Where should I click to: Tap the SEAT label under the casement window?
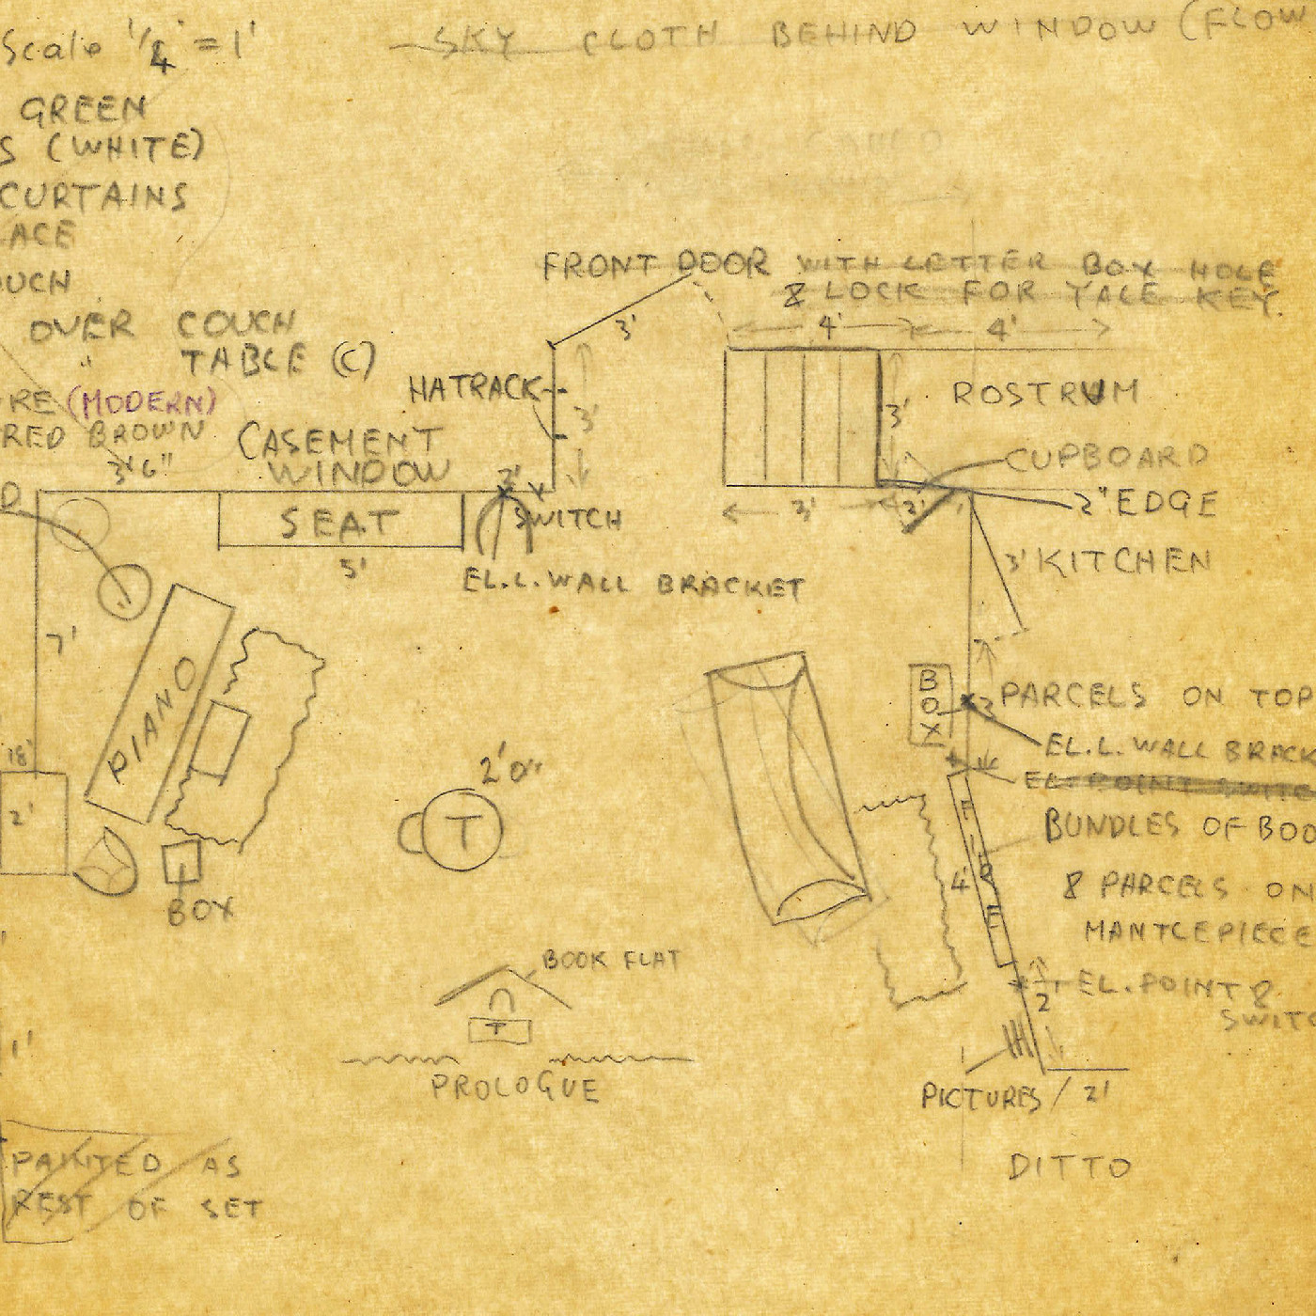point(339,523)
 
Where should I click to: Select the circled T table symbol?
point(462,831)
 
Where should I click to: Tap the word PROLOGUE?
point(514,1089)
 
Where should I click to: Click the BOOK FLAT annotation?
point(611,961)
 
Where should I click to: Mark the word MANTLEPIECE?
point(1198,933)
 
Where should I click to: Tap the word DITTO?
point(1069,1167)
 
